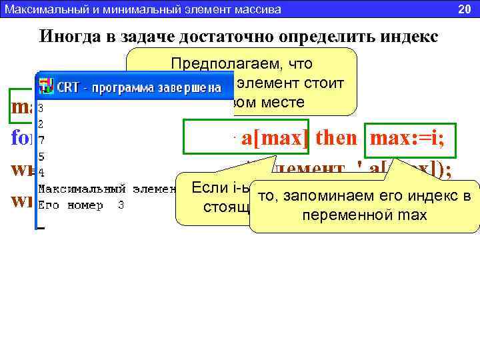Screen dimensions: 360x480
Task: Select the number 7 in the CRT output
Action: point(41,141)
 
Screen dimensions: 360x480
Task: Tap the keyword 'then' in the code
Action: point(337,139)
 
